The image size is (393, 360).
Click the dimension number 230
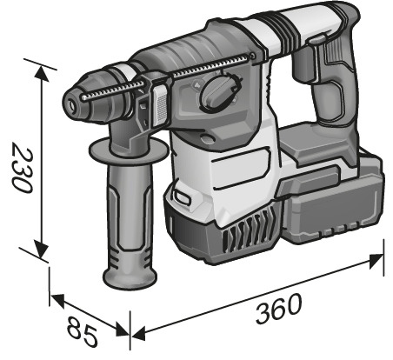click(22, 170)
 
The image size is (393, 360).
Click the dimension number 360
click(278, 308)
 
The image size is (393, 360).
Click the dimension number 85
click(82, 332)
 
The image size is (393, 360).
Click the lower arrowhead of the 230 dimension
click(42, 249)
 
